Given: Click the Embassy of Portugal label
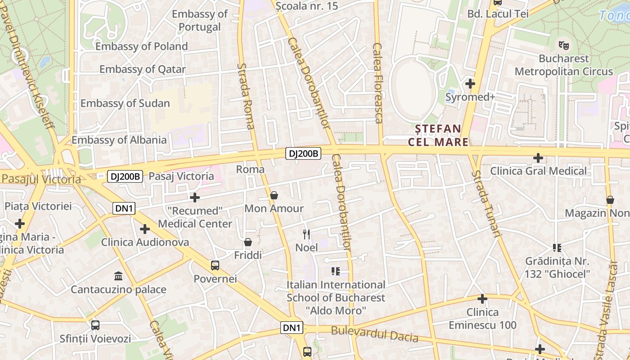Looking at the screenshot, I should pyautogui.click(x=199, y=20).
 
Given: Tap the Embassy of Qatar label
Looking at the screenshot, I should pyautogui.click(x=142, y=69).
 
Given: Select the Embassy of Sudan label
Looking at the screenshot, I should pyautogui.click(x=125, y=103).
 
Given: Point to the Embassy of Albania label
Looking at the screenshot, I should pyautogui.click(x=119, y=139).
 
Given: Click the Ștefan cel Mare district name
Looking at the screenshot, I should pyautogui.click(x=438, y=135).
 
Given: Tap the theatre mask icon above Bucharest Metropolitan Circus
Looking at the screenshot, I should pyautogui.click(x=563, y=45).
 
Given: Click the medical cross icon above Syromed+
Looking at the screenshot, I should pyautogui.click(x=470, y=84).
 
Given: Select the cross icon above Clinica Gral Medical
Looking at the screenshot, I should pyautogui.click(x=538, y=158).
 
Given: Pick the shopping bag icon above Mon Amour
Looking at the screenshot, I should pyautogui.click(x=274, y=195).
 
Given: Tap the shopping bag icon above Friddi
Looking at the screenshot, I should pyautogui.click(x=247, y=243).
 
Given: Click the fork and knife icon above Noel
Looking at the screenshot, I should pyautogui.click(x=306, y=234).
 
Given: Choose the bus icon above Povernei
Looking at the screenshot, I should pyautogui.click(x=215, y=265).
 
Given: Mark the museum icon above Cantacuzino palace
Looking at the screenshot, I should pyautogui.click(x=118, y=276).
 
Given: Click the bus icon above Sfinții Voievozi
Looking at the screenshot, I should pyautogui.click(x=95, y=325).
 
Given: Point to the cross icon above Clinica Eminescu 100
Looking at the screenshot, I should pyautogui.click(x=482, y=299).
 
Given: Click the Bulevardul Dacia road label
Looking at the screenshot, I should pyautogui.click(x=374, y=334).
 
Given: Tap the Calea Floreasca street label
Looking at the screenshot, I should pyautogui.click(x=378, y=83).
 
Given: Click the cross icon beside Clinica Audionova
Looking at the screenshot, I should pyautogui.click(x=145, y=229).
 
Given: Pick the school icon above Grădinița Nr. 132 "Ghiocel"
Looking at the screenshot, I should pyautogui.click(x=557, y=247).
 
